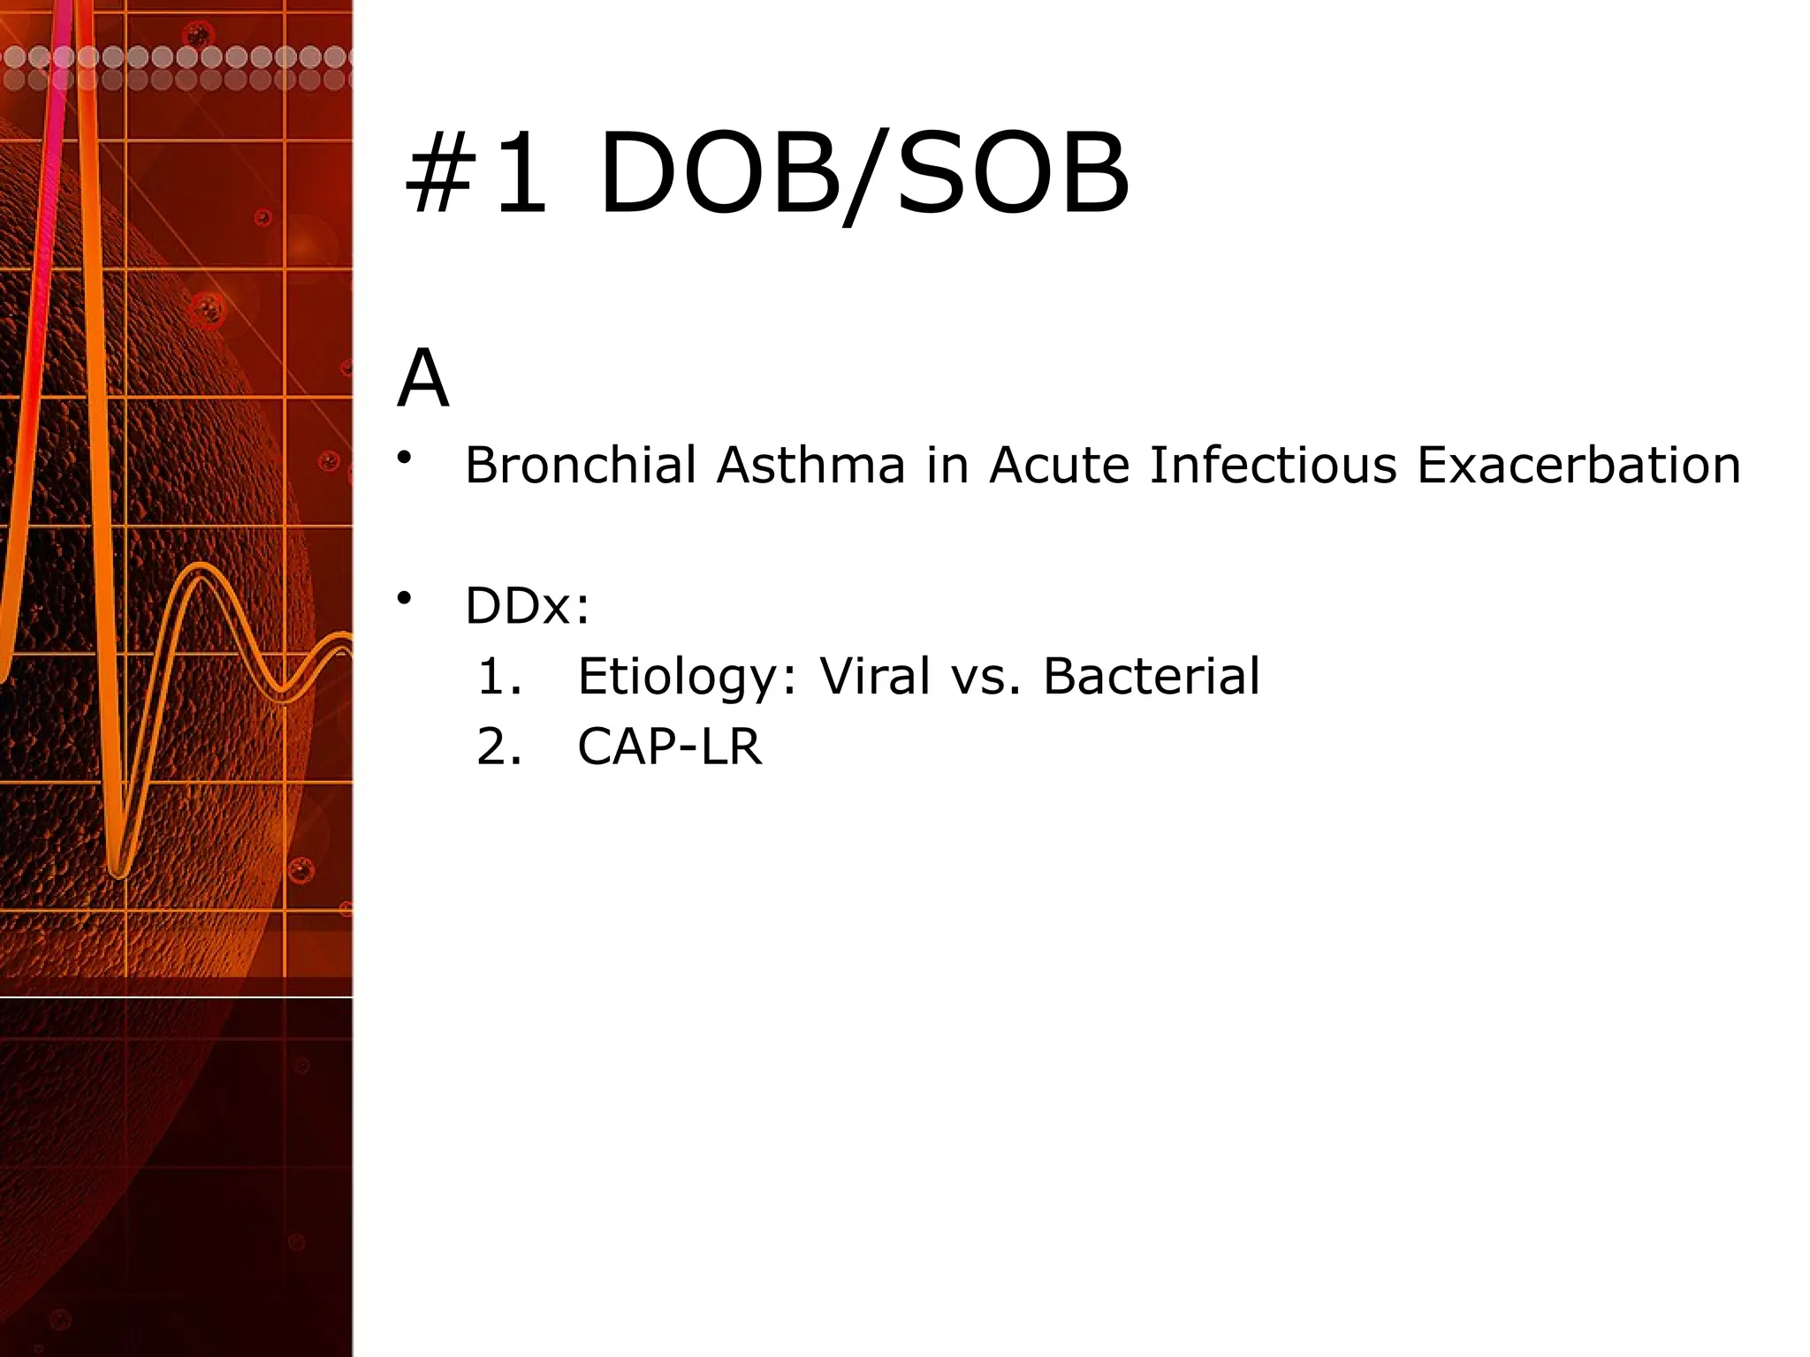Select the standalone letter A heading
(x=422, y=379)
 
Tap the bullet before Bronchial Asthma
(x=405, y=458)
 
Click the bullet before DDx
(x=405, y=599)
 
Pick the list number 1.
(x=499, y=677)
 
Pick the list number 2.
(x=499, y=747)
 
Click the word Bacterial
(x=1151, y=677)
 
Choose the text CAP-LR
(x=669, y=747)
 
